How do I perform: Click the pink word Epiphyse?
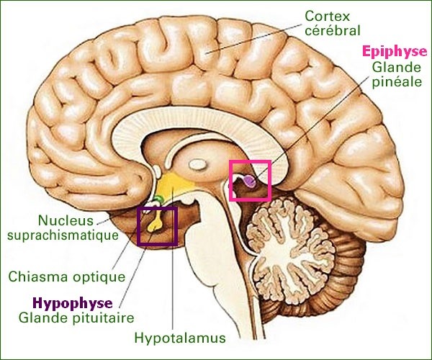(x=395, y=52)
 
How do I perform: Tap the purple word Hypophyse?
(x=73, y=303)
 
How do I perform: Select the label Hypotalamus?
(x=180, y=338)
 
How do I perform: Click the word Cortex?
(x=328, y=16)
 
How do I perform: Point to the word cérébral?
(x=333, y=30)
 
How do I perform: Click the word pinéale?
(x=397, y=82)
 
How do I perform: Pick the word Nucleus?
(x=66, y=220)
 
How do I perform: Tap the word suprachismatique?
(x=63, y=235)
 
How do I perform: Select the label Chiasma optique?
(x=67, y=276)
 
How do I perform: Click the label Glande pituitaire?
(x=76, y=318)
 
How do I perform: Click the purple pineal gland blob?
(x=250, y=181)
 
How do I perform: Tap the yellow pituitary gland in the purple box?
(x=155, y=224)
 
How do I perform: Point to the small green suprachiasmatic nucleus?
(x=158, y=198)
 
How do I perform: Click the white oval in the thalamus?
(x=197, y=164)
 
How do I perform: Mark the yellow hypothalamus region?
(x=173, y=183)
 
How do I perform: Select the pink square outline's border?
(x=230, y=181)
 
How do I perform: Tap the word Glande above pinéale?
(x=397, y=68)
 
